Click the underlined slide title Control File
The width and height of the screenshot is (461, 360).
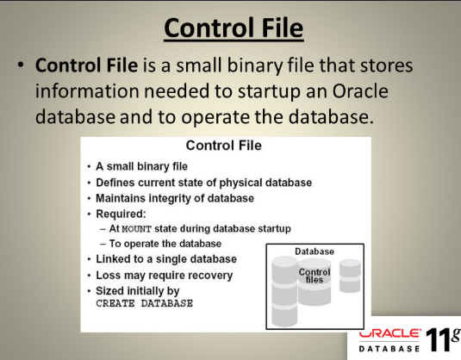[x=234, y=28]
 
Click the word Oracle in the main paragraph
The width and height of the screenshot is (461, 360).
[x=360, y=91]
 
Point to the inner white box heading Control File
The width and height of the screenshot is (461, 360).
[x=224, y=146]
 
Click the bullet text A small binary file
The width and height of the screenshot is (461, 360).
[x=141, y=166]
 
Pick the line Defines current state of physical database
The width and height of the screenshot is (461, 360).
[x=203, y=183]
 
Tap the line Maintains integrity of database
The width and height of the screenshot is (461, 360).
[x=175, y=198]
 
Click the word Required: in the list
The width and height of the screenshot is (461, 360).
[x=121, y=214]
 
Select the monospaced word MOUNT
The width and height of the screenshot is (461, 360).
[x=136, y=229]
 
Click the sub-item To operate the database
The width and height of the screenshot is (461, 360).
[x=165, y=244]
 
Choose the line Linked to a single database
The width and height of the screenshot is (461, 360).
[x=166, y=259]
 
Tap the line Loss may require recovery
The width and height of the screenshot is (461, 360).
[x=165, y=276]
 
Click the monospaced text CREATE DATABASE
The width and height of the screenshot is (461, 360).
[x=145, y=303]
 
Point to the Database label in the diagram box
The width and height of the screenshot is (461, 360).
[x=315, y=251]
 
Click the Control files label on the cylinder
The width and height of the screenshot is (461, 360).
[x=315, y=276]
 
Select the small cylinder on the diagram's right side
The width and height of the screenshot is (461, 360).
[x=350, y=276]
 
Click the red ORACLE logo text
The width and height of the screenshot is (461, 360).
[x=389, y=334]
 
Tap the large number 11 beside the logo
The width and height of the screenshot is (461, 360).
[x=438, y=339]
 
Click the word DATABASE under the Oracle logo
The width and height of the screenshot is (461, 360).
[x=389, y=349]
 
